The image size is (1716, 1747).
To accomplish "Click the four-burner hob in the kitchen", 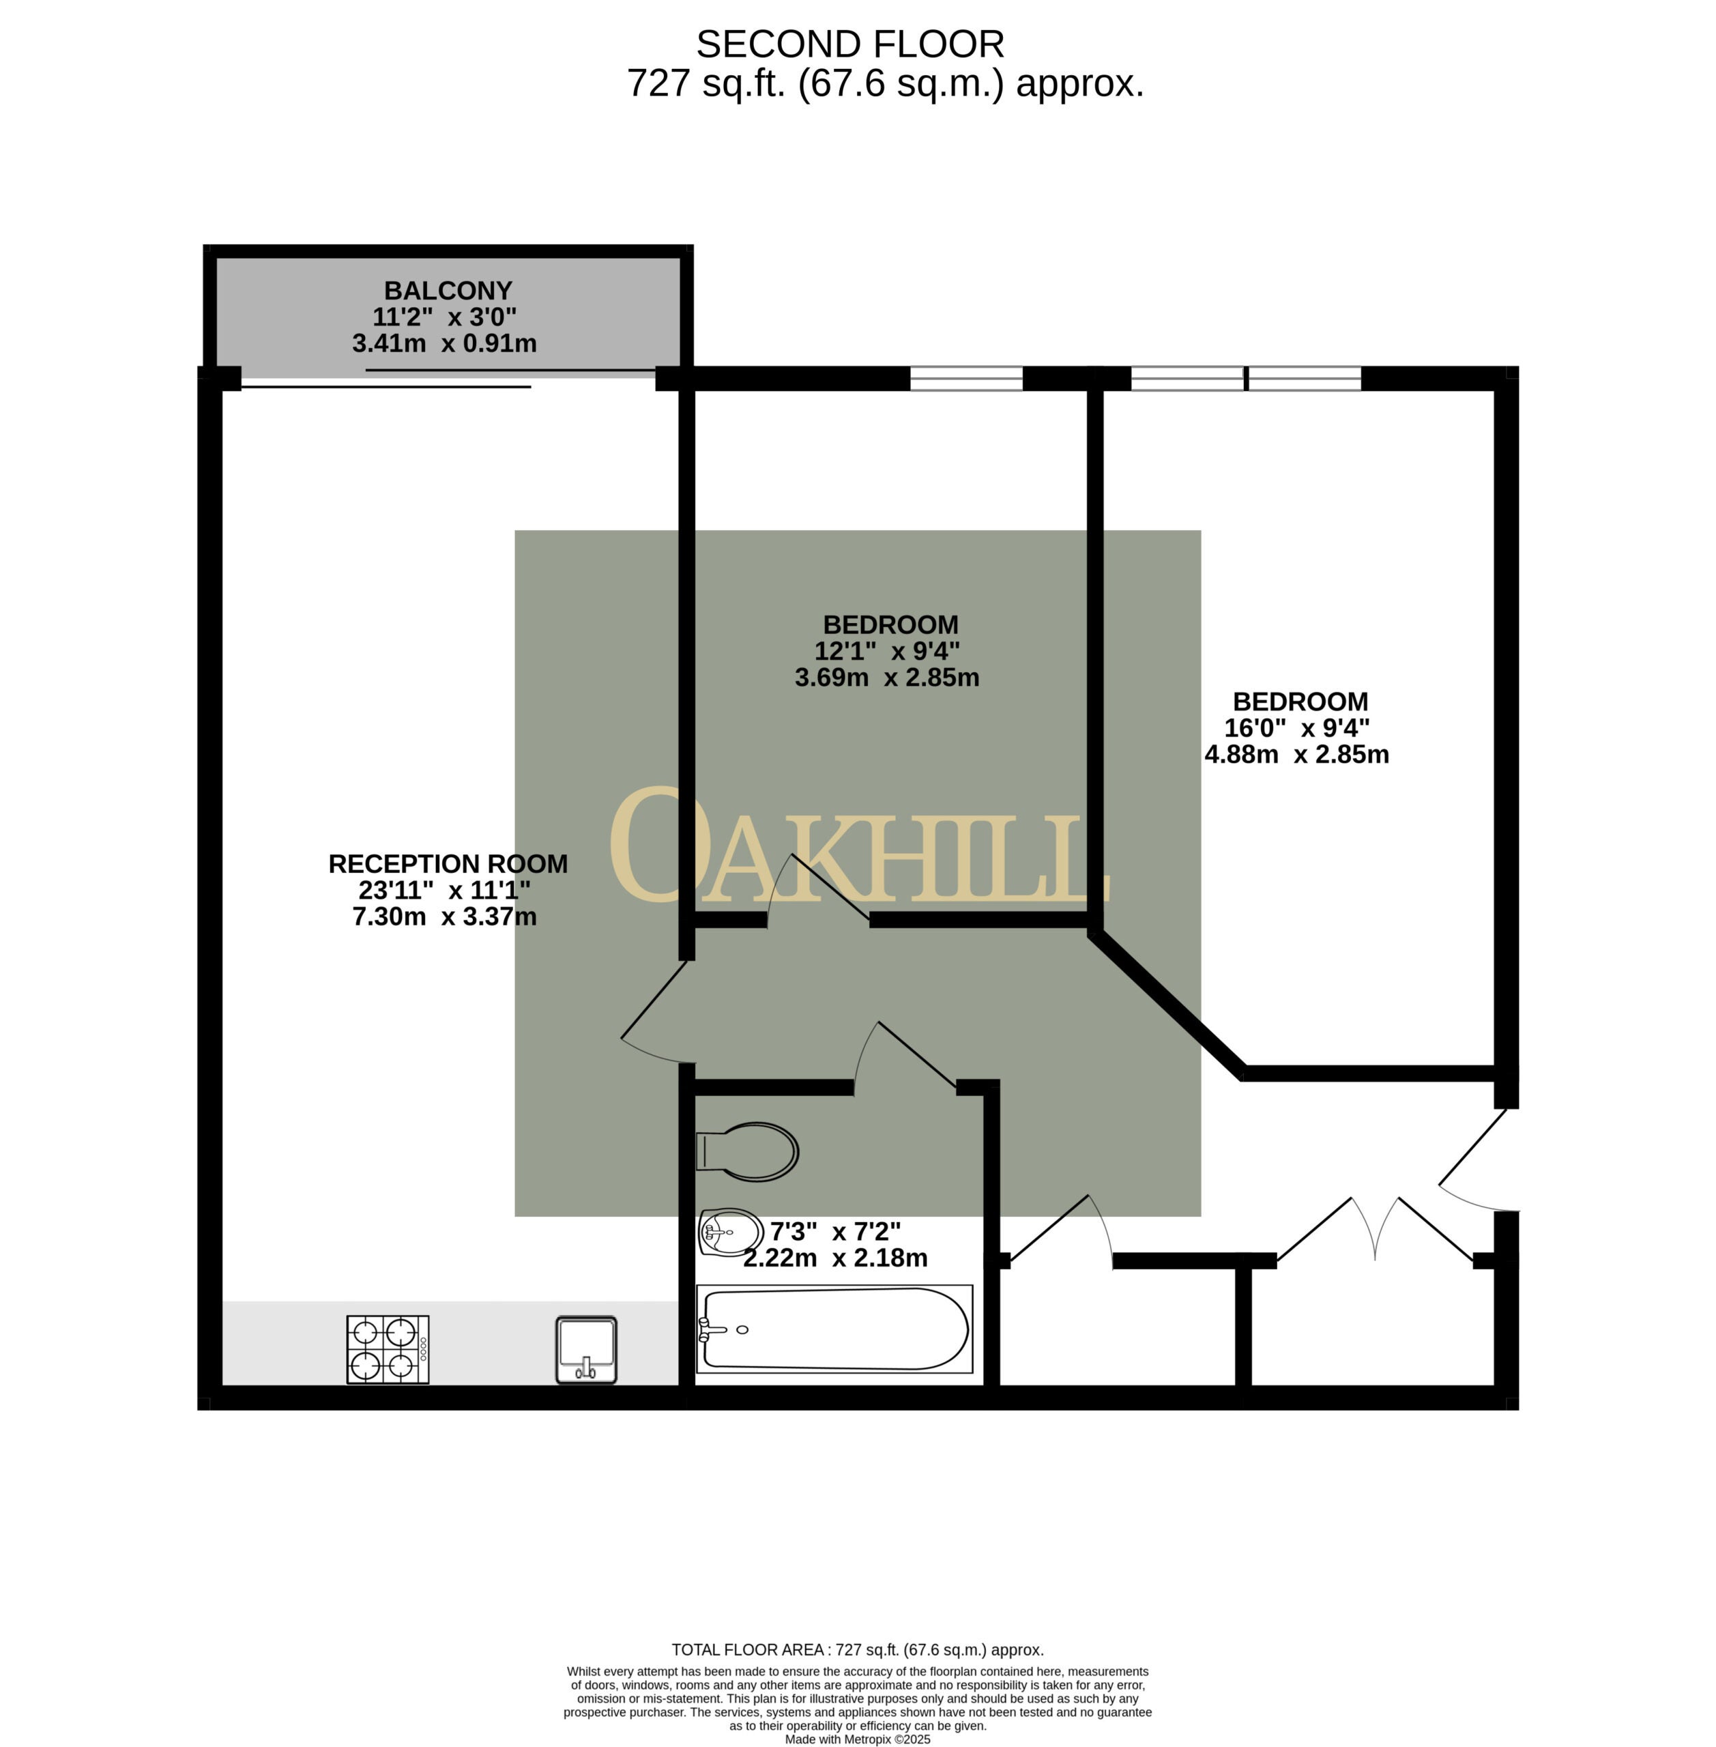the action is (x=388, y=1349).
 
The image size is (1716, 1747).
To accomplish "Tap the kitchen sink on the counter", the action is (x=586, y=1349).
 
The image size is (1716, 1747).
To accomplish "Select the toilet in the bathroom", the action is (x=747, y=1151).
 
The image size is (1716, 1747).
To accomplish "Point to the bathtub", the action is (x=834, y=1329).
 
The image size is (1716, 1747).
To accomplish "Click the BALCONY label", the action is (x=448, y=290).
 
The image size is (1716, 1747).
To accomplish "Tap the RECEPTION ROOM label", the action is (x=448, y=863).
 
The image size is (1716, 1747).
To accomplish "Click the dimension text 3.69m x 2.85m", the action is (x=887, y=677).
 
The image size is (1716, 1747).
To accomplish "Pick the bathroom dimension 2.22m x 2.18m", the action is (x=835, y=1258).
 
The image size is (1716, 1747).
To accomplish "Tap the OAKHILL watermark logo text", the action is (x=859, y=846).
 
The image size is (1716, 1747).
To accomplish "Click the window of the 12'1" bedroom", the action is (x=966, y=379).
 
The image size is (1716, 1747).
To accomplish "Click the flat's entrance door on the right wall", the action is (x=1478, y=1160).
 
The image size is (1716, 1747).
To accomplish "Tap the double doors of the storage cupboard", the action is (x=1376, y=1228).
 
